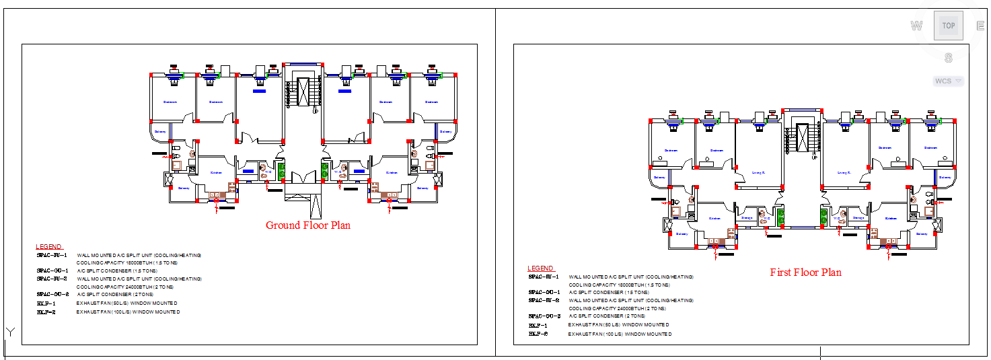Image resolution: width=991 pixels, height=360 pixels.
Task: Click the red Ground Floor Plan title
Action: pyautogui.click(x=307, y=225)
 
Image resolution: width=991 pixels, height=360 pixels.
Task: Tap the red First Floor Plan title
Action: pyautogui.click(x=805, y=273)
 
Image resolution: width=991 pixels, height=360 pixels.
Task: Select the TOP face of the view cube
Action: pyautogui.click(x=948, y=26)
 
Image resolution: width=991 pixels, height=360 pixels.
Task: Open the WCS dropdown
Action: pyautogui.click(x=947, y=81)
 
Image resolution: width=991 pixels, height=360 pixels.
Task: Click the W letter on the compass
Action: pyautogui.click(x=916, y=26)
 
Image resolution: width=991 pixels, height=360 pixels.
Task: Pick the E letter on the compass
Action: pyautogui.click(x=981, y=26)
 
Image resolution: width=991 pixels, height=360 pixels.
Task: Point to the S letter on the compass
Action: pyautogui.click(x=948, y=59)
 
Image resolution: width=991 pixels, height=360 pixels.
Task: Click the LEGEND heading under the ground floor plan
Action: pyautogui.click(x=49, y=247)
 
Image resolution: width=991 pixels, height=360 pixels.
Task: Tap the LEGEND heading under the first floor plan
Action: pyautogui.click(x=541, y=268)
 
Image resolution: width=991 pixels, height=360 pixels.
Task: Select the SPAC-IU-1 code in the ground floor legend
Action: pyautogui.click(x=52, y=256)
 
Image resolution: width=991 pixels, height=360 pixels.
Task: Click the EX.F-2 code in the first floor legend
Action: pyautogui.click(x=538, y=334)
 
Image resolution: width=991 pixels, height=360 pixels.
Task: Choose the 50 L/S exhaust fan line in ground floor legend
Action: pyautogui.click(x=126, y=303)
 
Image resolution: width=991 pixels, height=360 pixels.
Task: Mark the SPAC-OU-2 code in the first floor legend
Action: pyautogui.click(x=544, y=316)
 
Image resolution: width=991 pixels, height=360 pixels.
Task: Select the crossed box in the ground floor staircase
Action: pyautogui.click(x=303, y=92)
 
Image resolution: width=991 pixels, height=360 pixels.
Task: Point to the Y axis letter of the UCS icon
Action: pyautogui.click(x=10, y=331)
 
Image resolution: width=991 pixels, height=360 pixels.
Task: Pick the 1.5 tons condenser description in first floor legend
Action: pyautogui.click(x=609, y=293)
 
